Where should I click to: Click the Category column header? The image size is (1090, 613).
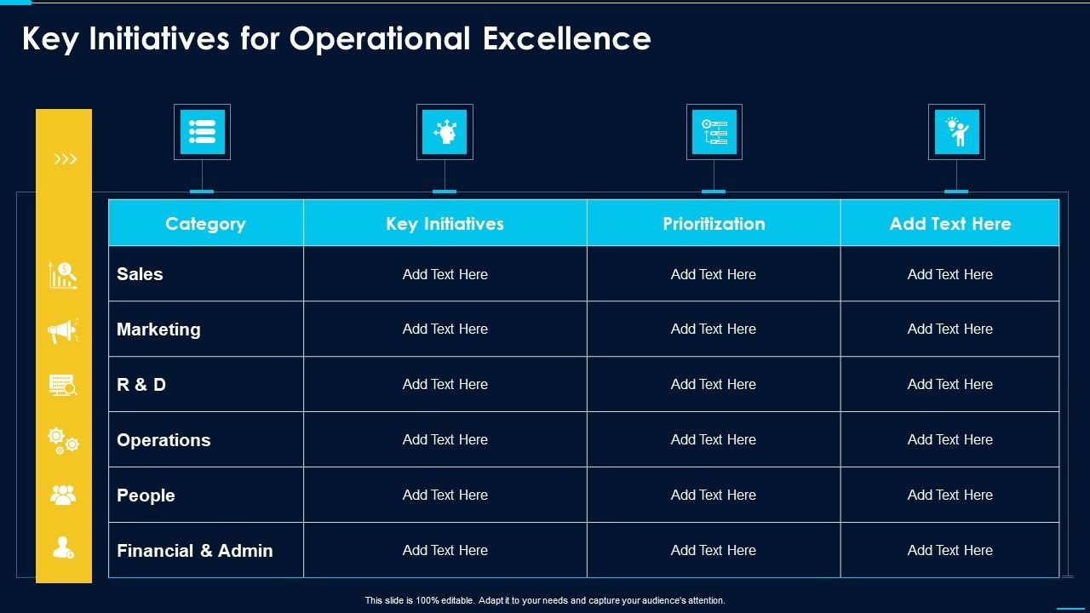(205, 224)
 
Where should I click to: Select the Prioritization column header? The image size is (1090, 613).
(714, 224)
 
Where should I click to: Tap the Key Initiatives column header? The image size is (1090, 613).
(445, 224)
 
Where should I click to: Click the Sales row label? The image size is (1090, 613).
(140, 274)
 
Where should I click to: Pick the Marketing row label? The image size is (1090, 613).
(158, 329)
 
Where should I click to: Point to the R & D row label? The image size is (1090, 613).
(141, 384)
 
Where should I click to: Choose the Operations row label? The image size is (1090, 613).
(163, 440)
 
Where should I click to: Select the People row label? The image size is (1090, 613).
(146, 496)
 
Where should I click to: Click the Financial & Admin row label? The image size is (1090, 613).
(195, 551)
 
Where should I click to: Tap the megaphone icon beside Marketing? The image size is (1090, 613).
(63, 331)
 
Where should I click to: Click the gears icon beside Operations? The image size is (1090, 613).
(63, 441)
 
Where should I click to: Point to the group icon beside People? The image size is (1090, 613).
(63, 496)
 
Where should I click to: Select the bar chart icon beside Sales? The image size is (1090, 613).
(63, 275)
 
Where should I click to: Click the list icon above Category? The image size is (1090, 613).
(203, 132)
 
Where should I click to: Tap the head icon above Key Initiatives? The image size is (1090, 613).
(445, 132)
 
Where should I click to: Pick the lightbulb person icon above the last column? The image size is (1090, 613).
(956, 132)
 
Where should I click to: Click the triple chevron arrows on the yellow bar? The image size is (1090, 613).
(66, 159)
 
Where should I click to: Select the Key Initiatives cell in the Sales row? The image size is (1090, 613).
(445, 274)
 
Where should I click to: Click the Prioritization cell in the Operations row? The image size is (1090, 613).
(714, 440)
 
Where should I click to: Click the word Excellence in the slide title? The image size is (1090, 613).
(567, 38)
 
